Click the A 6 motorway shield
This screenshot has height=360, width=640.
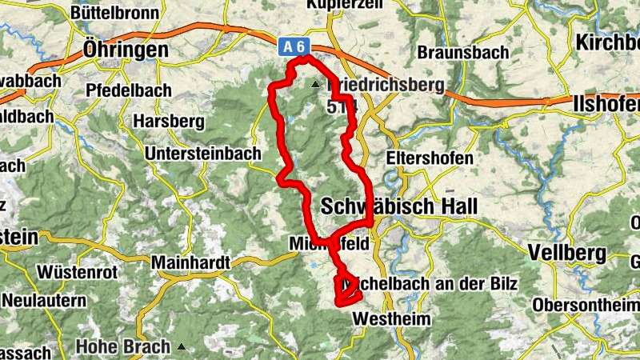pos(291,47)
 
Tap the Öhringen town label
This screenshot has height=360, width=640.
pos(126,50)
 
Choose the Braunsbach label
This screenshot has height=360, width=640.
pos(462,52)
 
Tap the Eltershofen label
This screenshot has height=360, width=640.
pos(429,158)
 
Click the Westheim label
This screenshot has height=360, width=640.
pos(391,319)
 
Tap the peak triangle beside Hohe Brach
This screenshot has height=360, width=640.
pos(182,347)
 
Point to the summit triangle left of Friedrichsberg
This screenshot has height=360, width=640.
pos(316,83)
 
